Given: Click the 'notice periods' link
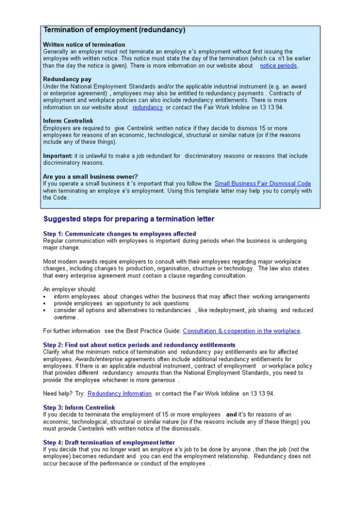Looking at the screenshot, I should (278, 66).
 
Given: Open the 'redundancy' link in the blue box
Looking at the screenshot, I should (147, 107).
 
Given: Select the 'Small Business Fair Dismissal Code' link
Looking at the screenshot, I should (263, 183).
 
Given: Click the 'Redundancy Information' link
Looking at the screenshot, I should (119, 394).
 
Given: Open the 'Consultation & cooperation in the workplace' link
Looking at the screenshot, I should (242, 331).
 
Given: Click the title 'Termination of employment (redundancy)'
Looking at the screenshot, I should (114, 30).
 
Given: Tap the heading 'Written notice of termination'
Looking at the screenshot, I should (84, 45).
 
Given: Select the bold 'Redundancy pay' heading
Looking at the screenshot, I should (67, 80).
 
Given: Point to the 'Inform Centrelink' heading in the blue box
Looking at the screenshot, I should (68, 121).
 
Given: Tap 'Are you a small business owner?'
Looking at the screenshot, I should (90, 176).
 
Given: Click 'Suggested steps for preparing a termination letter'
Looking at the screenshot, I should (129, 219).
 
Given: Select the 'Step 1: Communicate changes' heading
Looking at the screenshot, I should (119, 234).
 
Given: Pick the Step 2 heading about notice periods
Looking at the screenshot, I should (139, 345).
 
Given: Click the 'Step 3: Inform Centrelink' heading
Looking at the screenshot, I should (79, 408).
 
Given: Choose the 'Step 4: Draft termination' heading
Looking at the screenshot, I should (109, 442).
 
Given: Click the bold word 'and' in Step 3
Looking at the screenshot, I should (231, 415).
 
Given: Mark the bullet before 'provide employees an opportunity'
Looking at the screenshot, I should (45, 304).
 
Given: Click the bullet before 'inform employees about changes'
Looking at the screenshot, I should (45, 297).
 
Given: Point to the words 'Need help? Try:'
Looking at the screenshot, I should (64, 394).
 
